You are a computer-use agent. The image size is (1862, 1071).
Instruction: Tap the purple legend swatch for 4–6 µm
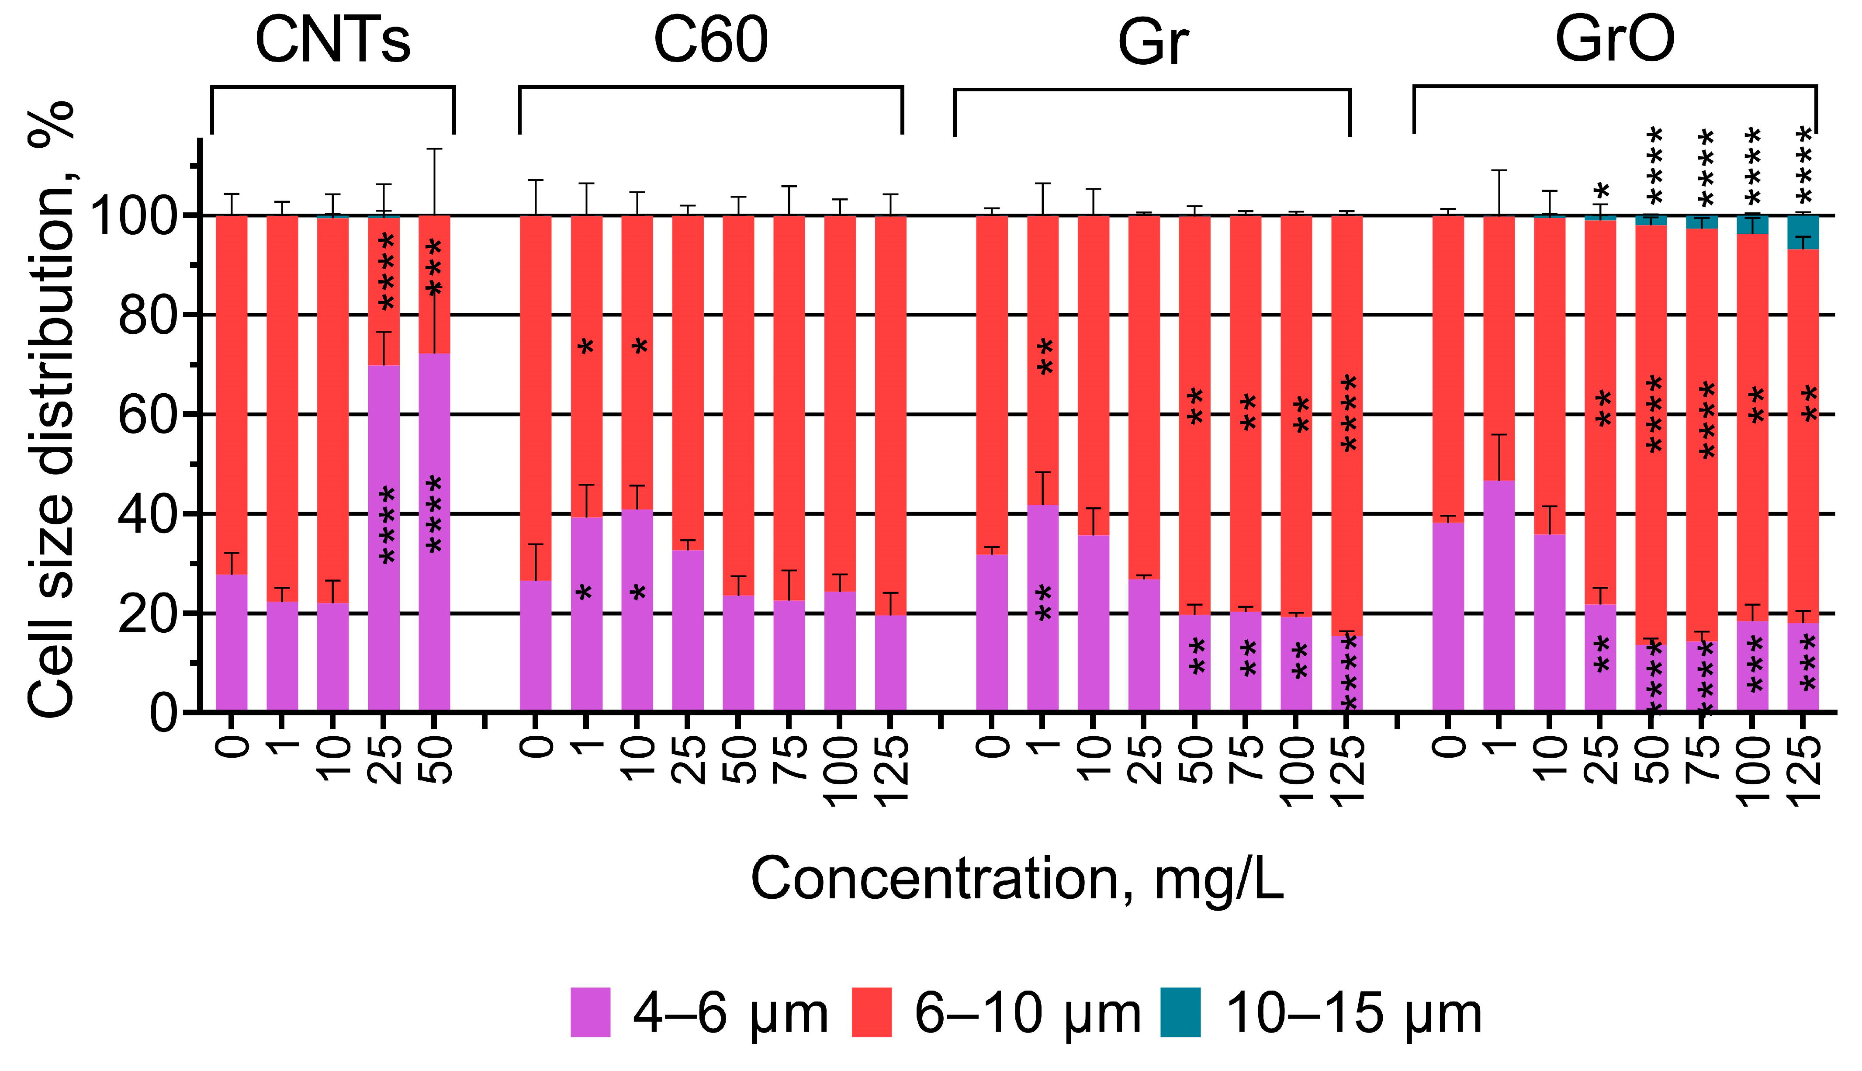[591, 1012]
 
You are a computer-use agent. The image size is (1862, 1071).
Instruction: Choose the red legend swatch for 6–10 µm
[872, 1012]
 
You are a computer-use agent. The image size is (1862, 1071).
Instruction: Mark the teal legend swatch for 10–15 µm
[1180, 1012]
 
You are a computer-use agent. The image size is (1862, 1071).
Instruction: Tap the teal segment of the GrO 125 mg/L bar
[1803, 233]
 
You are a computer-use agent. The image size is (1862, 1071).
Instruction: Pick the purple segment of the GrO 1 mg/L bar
[1499, 596]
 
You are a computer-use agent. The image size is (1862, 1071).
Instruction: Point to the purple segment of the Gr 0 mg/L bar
[991, 633]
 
